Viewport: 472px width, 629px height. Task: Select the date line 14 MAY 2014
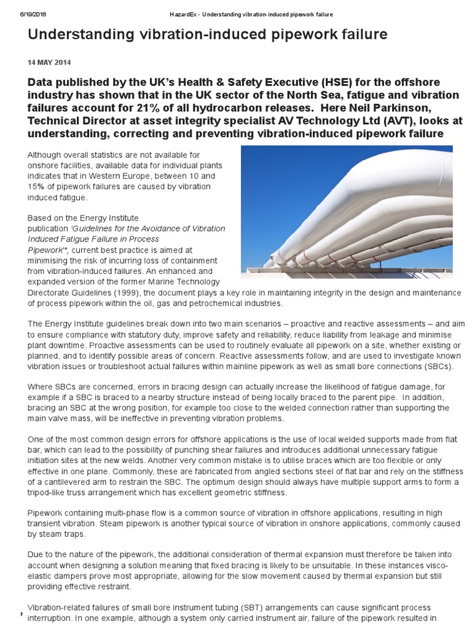tap(45, 63)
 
